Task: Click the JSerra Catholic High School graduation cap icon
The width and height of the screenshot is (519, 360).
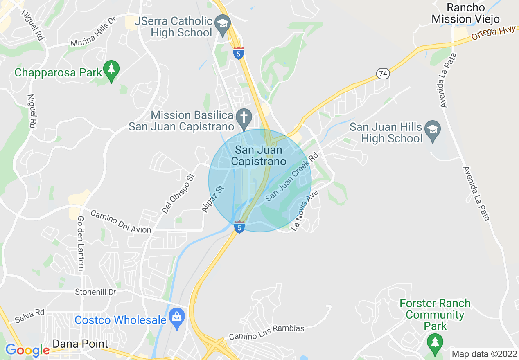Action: (x=223, y=23)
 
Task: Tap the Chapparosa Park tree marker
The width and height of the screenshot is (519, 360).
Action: (x=111, y=70)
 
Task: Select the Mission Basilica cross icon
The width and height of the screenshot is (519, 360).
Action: (x=244, y=117)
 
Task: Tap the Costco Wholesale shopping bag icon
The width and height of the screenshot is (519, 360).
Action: (x=177, y=318)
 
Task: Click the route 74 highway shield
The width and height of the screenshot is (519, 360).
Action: (x=383, y=74)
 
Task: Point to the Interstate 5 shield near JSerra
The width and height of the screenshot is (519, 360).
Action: (x=239, y=53)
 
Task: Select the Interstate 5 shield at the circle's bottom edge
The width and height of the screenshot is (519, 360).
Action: (x=239, y=227)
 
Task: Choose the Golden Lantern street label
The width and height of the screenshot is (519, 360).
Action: (x=81, y=243)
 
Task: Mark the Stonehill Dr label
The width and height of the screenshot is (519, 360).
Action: (x=96, y=292)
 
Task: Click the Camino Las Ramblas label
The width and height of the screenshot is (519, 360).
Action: (x=266, y=333)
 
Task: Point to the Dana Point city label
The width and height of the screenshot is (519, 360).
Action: (x=81, y=344)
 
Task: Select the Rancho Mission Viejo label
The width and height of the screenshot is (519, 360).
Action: (x=466, y=13)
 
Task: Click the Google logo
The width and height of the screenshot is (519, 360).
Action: (x=27, y=350)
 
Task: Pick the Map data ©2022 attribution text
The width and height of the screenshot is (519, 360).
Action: (x=484, y=354)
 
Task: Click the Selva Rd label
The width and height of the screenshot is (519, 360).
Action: (x=29, y=316)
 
